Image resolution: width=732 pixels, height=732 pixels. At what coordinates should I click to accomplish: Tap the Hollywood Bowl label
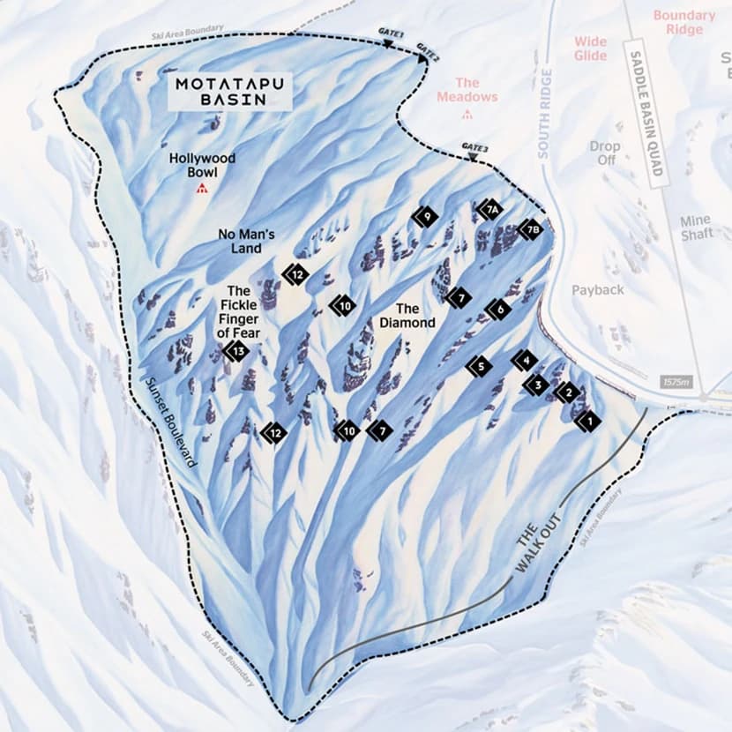pyautogui.click(x=203, y=165)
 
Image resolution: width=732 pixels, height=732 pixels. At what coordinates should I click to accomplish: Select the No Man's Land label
pyautogui.click(x=247, y=241)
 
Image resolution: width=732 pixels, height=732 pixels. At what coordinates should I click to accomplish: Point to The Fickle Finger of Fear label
pyautogui.click(x=239, y=311)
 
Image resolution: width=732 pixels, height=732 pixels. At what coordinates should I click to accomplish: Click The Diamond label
pyautogui.click(x=407, y=316)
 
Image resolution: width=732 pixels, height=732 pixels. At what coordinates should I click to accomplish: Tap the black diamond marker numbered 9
pyautogui.click(x=427, y=215)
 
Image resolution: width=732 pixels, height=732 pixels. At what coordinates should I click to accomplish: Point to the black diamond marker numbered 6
pyautogui.click(x=499, y=310)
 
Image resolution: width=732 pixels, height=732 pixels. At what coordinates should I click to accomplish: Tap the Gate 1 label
pyautogui.click(x=391, y=33)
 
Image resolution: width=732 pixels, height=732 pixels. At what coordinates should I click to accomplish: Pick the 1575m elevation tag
pyautogui.click(x=675, y=383)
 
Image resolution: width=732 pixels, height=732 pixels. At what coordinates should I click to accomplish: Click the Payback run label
pyautogui.click(x=597, y=290)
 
